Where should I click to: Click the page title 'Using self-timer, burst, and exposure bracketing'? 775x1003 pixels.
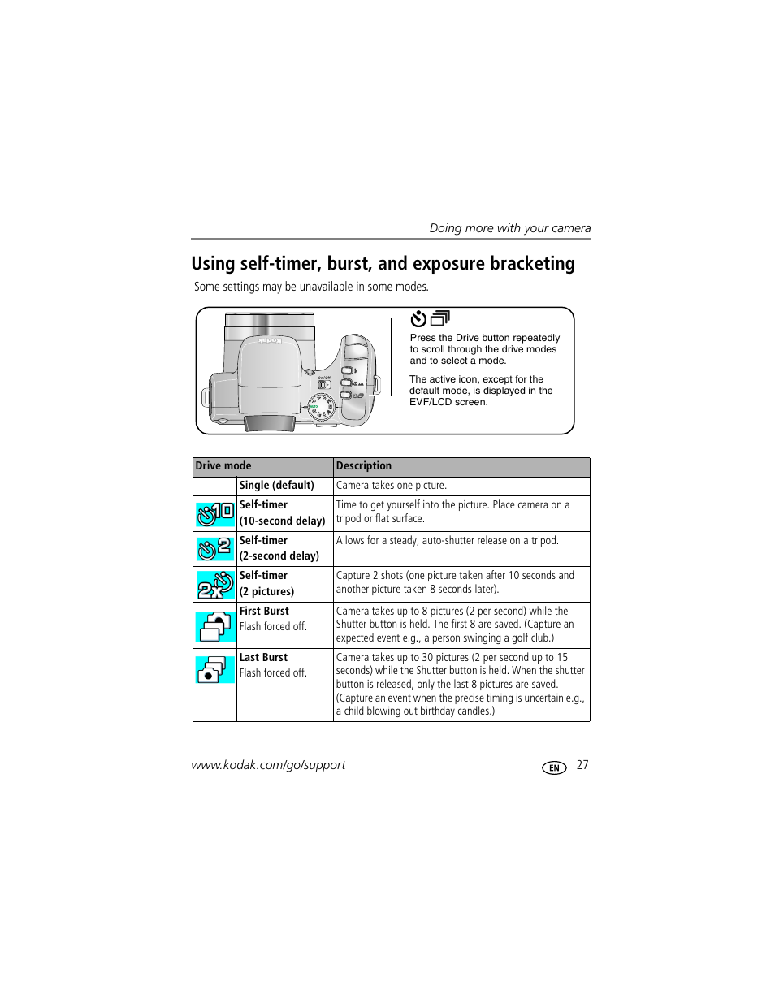point(383,264)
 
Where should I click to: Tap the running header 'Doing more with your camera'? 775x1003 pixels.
point(509,228)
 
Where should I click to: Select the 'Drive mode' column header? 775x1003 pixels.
point(223,466)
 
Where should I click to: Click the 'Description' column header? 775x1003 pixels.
point(364,466)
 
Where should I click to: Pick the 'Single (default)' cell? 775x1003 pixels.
point(276,486)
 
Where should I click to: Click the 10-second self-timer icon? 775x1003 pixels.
point(215,513)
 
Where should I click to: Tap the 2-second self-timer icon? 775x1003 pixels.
point(215,549)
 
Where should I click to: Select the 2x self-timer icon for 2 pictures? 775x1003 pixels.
point(215,584)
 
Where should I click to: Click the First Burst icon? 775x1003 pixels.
point(215,625)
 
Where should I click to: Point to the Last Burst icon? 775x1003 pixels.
point(215,669)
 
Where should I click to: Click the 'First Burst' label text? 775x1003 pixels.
point(264,612)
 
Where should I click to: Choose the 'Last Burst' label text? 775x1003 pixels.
point(263,658)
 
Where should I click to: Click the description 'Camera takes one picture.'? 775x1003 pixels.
point(392,486)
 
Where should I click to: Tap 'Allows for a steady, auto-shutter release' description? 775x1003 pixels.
point(448,541)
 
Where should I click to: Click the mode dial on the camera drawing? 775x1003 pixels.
point(323,406)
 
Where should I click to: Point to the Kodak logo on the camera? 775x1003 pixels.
point(271,342)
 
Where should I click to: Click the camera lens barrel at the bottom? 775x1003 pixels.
point(269,422)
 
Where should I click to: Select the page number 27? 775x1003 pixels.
point(582,765)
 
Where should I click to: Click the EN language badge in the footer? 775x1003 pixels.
point(554,767)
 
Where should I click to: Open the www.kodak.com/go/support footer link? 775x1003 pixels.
point(268,765)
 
